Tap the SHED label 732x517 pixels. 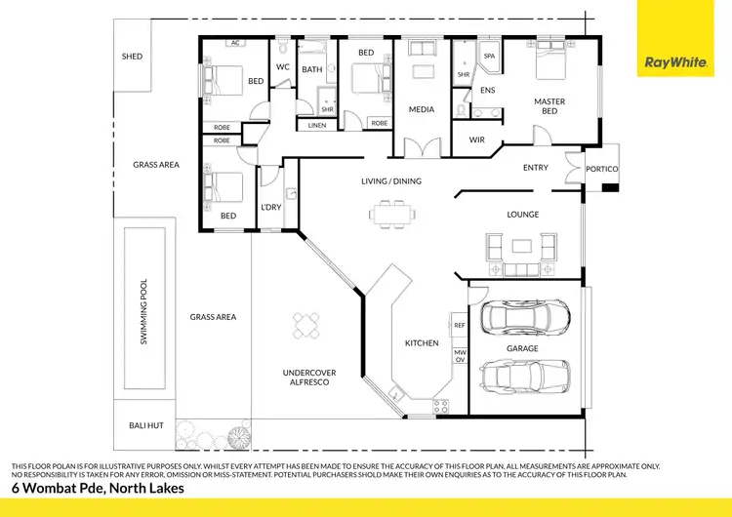click(x=132, y=57)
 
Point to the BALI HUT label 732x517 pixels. click(x=142, y=425)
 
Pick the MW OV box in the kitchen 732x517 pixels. click(x=460, y=354)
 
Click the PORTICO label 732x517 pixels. click(x=601, y=169)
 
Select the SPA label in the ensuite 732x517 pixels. click(x=489, y=57)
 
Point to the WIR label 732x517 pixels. click(x=476, y=140)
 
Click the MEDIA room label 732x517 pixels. click(x=422, y=110)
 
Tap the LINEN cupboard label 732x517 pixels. click(x=316, y=125)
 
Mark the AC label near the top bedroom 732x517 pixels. click(x=235, y=43)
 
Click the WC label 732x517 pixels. click(x=283, y=67)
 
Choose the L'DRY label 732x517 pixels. click(x=270, y=207)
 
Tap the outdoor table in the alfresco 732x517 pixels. click(x=308, y=325)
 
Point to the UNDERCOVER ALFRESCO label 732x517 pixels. click(x=308, y=378)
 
